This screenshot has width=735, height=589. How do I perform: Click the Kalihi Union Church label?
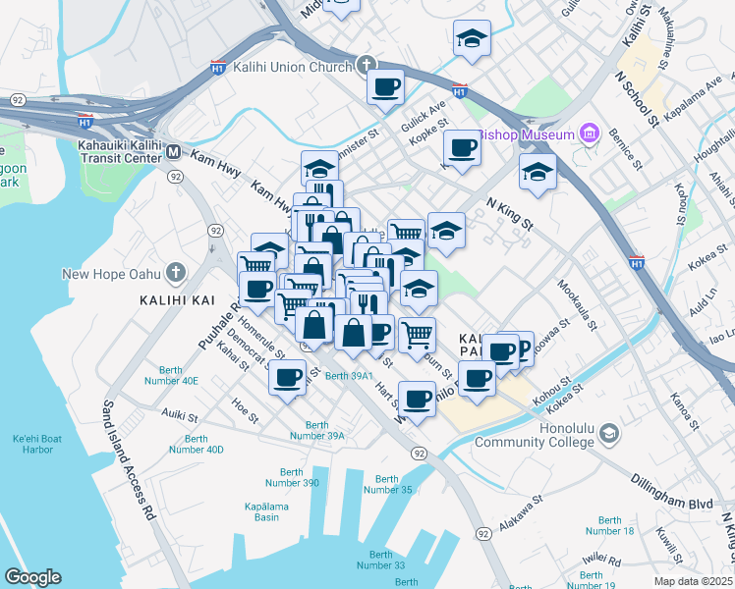pos(292,68)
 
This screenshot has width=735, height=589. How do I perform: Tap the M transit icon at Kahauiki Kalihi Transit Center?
pos(173,151)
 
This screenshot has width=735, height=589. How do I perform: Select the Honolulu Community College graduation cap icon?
pos(609,433)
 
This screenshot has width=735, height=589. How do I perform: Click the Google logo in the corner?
pos(32,577)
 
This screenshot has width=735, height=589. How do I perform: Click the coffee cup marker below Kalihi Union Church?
pos(385,85)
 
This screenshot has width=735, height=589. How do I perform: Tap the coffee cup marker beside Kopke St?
pos(461,148)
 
